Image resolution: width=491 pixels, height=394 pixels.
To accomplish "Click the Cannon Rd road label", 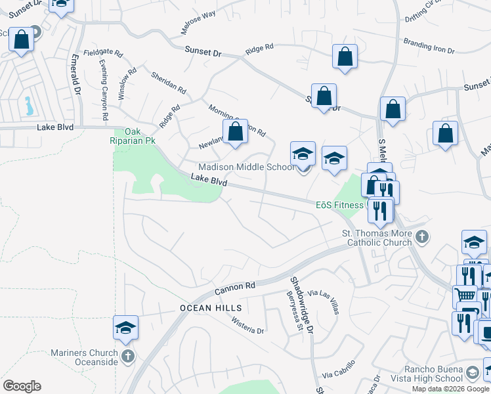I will point(235,288).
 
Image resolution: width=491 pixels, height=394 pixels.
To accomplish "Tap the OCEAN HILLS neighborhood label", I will point(211,308).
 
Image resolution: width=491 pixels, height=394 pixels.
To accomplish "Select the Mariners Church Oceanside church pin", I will point(127,357).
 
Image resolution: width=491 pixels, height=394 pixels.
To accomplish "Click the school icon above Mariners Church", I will point(126,328).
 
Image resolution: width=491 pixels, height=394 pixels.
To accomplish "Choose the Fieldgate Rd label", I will point(103,52).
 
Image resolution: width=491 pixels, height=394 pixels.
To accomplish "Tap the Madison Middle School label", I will point(247,167).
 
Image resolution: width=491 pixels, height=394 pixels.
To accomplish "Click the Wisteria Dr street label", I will point(247,326).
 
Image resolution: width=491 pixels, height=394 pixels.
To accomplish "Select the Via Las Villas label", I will point(324,302).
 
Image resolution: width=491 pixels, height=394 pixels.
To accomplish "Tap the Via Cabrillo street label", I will point(339,370).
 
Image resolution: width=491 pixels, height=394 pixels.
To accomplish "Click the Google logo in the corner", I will point(22,386).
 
